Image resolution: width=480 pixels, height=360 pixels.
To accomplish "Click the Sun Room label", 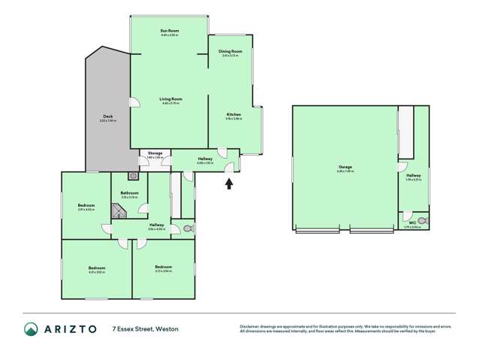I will [169, 31].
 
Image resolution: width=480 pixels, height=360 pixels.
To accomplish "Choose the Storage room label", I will [155, 153].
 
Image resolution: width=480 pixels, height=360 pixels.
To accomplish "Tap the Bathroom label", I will [128, 193].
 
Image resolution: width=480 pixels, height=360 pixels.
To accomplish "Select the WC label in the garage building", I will [412, 222].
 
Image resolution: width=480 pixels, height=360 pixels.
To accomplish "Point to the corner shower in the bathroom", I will [118, 213].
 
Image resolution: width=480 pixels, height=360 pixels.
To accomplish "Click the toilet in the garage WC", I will [422, 222].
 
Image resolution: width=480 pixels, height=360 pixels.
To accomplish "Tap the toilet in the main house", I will [187, 228].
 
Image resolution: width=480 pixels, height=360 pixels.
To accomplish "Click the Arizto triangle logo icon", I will [32, 329].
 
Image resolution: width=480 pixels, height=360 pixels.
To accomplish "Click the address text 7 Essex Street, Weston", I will [146, 329].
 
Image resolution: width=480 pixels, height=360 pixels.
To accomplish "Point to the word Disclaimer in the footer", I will [251, 325].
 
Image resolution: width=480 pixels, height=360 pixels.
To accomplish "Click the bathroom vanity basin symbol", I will [133, 177].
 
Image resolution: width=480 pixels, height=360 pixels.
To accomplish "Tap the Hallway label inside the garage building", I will [413, 176].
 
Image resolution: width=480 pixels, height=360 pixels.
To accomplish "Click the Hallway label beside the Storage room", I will [205, 159].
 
